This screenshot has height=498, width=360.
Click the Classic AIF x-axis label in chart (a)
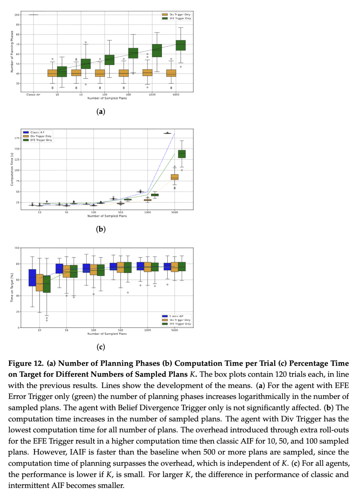(33, 95)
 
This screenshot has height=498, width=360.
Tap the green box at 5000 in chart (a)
(181, 45)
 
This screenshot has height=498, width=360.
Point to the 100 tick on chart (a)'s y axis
(17, 15)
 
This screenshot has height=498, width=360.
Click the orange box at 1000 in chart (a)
(147, 73)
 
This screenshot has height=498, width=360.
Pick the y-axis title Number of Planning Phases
(12, 52)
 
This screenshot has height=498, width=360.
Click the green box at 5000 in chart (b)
(182, 154)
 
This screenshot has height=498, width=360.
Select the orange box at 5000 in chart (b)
(175, 177)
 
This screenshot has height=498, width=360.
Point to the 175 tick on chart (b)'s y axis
(17, 138)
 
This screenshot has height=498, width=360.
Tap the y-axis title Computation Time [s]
(12, 169)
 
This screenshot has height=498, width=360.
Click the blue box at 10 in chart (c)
(32, 278)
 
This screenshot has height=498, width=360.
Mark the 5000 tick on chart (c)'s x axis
(175, 330)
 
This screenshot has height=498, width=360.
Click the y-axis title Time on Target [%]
(12, 288)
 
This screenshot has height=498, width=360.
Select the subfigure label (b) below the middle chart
(101, 229)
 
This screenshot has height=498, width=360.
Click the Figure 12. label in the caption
(26, 363)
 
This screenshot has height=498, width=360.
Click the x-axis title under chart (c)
(107, 334)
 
